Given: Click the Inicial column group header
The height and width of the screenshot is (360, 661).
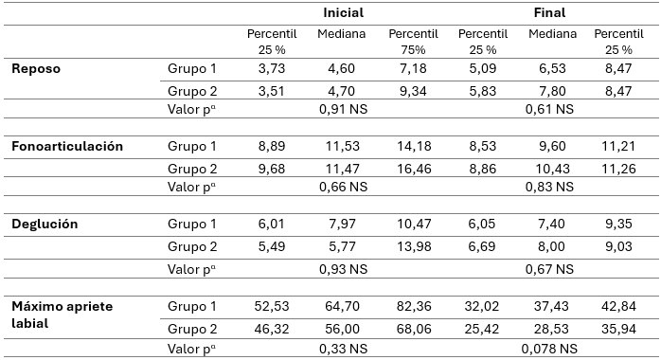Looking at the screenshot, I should (343, 13).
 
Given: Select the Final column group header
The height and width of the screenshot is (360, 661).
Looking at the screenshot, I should (550, 13).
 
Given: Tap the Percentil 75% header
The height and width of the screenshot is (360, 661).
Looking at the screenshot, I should (412, 40).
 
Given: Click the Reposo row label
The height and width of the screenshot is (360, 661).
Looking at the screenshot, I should (37, 69).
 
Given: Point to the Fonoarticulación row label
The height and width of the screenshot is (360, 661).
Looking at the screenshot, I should (67, 146).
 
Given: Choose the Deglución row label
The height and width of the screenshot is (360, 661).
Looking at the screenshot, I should (45, 224).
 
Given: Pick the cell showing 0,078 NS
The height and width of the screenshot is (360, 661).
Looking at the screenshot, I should (550, 347).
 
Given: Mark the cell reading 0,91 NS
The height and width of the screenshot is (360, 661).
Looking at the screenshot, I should (341, 109).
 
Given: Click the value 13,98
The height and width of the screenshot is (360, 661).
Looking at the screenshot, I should (412, 245).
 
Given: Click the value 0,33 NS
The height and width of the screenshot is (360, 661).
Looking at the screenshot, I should (341, 347).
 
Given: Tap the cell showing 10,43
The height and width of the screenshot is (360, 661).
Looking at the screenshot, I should (550, 168).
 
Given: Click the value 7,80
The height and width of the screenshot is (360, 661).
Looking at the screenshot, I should (550, 91).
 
